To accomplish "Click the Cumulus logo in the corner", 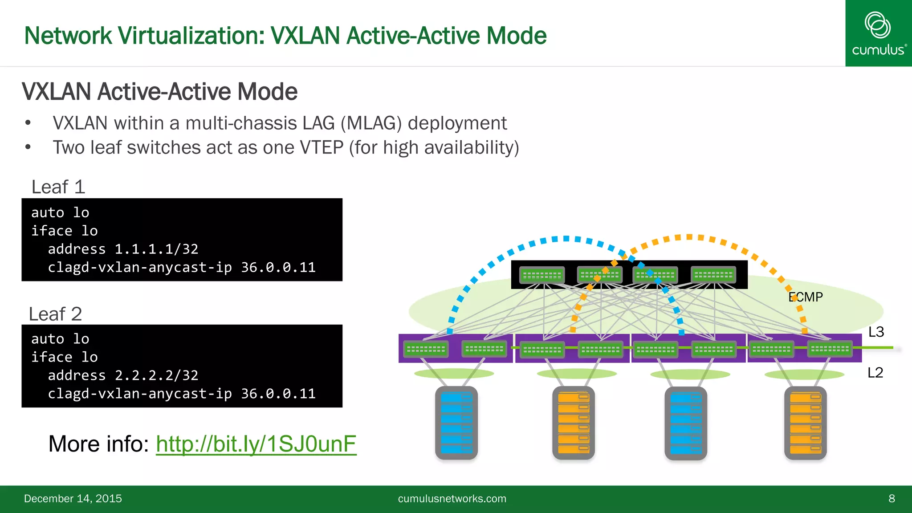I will point(878,33).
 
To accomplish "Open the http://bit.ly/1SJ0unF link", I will point(256,444).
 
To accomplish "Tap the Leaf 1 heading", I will point(58,187).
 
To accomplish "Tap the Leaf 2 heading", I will point(56,314).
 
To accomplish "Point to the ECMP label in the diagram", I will point(806,297).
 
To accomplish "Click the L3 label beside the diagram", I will point(876,332).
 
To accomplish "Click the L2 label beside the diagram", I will point(875,372).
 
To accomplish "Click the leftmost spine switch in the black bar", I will point(542,275).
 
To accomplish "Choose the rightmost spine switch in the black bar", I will point(713,275).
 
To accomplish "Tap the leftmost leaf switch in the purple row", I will point(426,349).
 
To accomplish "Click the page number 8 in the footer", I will point(892,498).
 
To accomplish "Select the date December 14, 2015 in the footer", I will point(73,498).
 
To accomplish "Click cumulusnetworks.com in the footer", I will point(452,498).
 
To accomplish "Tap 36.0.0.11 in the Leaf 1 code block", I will point(278,267).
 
